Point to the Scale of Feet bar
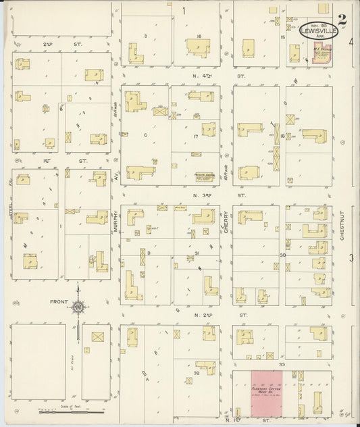point(68,411)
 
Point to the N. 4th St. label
point(203,78)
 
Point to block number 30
point(282,255)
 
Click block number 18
point(282,136)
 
